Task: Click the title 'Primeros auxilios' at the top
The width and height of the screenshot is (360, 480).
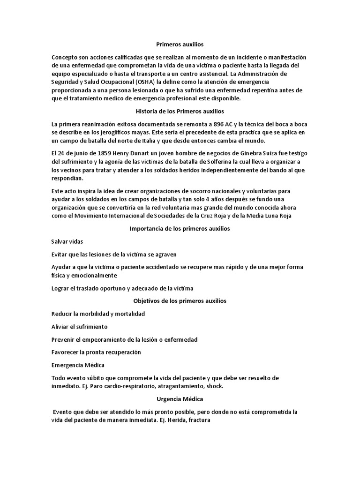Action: tap(180, 45)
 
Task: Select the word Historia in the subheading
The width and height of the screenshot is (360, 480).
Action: tap(148, 111)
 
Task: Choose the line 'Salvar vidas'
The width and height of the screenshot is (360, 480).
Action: tap(67, 241)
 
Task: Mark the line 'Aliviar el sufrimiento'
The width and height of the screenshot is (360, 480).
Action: tap(79, 326)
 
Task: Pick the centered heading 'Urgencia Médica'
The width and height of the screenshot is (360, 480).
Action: tap(180, 399)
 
